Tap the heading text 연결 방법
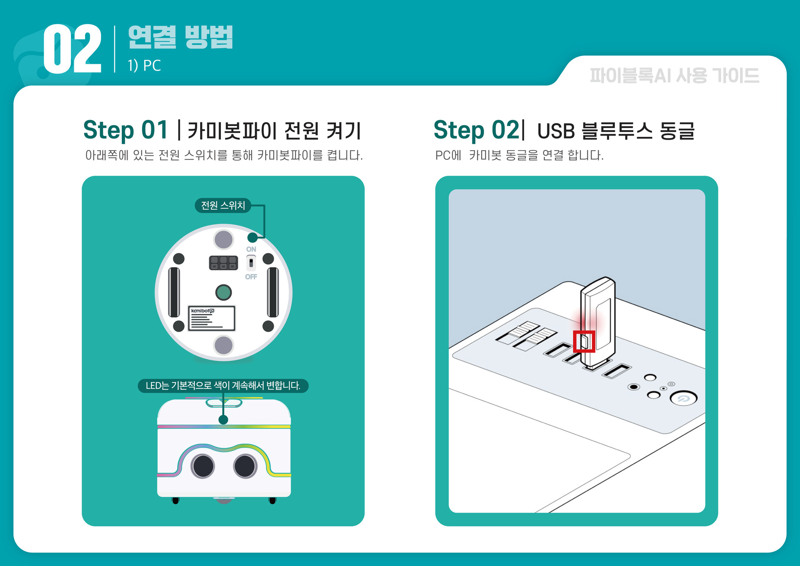click(x=180, y=37)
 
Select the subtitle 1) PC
click(x=144, y=66)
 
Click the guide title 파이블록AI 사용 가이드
click(x=674, y=76)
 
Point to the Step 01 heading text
click(x=125, y=130)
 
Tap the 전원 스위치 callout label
click(x=223, y=205)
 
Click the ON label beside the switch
click(x=251, y=249)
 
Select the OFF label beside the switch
click(x=251, y=277)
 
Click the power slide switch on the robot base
click(x=251, y=263)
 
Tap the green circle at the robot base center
click(x=223, y=292)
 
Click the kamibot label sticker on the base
click(x=212, y=318)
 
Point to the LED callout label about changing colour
click(x=223, y=385)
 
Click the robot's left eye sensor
click(x=203, y=466)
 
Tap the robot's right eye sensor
click(x=245, y=466)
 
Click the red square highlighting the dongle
click(x=584, y=342)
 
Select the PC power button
click(x=683, y=398)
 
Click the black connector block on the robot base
click(x=223, y=263)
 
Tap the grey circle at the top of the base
click(x=223, y=240)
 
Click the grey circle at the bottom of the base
click(x=223, y=345)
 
